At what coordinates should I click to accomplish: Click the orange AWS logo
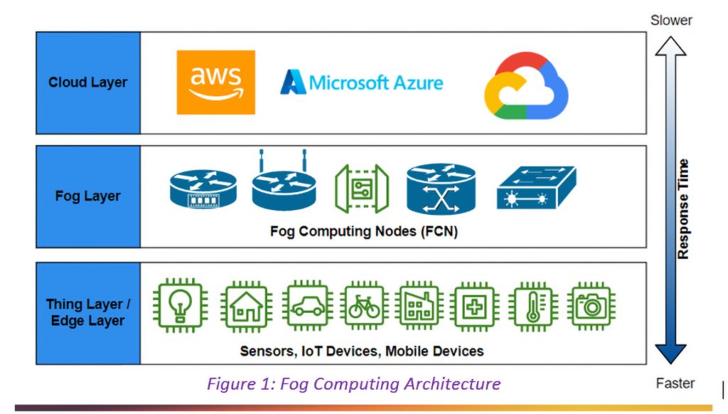[x=215, y=83]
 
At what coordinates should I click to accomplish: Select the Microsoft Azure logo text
[x=362, y=83]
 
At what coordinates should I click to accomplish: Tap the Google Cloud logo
[x=526, y=86]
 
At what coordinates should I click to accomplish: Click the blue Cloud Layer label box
[x=88, y=83]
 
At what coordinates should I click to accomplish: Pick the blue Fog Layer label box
[x=88, y=196]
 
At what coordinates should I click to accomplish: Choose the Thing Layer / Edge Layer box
[x=88, y=313]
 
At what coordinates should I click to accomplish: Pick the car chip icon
[x=306, y=306]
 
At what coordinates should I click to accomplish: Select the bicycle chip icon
[x=364, y=306]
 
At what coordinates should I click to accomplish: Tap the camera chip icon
[x=591, y=306]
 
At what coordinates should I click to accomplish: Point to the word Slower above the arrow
[x=671, y=20]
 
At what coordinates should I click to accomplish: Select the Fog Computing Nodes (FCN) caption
[x=362, y=231]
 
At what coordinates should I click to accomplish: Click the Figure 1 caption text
[x=353, y=384]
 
